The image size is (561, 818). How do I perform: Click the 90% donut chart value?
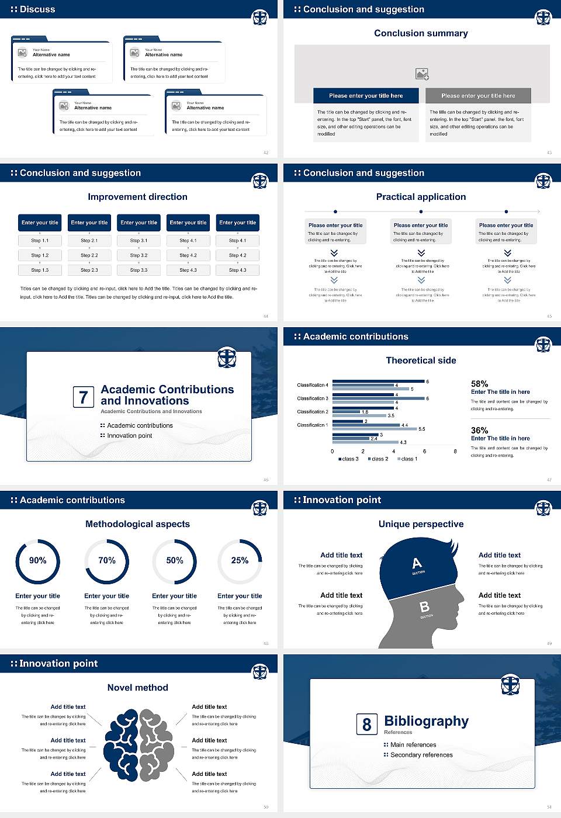point(38,560)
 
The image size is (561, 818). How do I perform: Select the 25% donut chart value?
point(240,560)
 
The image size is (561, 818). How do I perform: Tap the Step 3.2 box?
point(138,255)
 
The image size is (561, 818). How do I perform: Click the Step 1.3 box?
point(40,270)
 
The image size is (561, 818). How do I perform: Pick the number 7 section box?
point(83,397)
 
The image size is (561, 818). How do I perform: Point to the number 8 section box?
point(366,725)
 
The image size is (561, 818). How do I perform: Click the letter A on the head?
point(417,563)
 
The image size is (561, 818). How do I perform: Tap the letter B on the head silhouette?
point(424,607)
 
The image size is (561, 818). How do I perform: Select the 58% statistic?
point(479,384)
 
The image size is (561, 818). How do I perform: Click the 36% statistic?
point(479,430)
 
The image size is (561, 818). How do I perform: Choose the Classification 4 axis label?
point(313,385)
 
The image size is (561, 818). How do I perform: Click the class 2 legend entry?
point(378,459)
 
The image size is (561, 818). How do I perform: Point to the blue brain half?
point(122,746)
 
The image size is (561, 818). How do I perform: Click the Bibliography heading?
point(426,721)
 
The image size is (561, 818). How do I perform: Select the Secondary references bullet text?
point(421,755)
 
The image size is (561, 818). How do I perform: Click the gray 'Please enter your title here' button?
point(478,96)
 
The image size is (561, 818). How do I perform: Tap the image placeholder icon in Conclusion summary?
point(422,74)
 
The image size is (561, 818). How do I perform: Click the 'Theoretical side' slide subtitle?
point(421,361)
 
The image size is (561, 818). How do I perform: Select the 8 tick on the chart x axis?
point(455,451)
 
